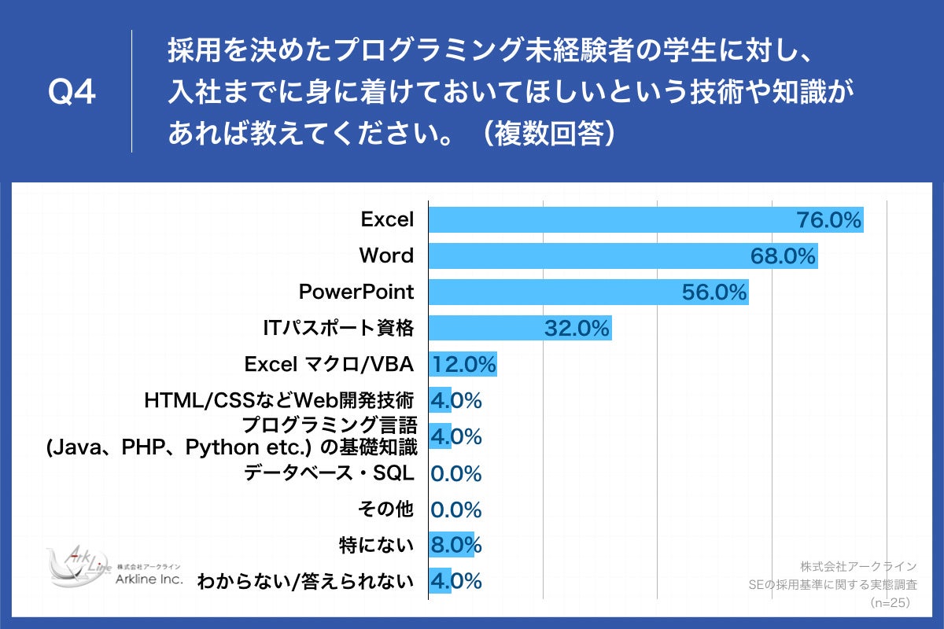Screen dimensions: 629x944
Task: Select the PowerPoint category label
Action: click(x=356, y=292)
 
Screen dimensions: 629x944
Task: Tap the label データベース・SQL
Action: click(x=329, y=473)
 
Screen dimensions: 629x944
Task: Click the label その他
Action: click(x=385, y=509)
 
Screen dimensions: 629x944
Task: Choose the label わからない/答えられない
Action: click(x=306, y=582)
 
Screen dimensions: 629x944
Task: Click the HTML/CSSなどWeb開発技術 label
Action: click(x=279, y=401)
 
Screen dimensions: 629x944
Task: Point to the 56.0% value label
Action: click(x=714, y=293)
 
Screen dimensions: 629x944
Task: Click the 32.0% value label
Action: click(x=577, y=329)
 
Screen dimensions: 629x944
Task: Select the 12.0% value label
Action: click(x=463, y=365)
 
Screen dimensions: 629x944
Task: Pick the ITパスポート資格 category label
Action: click(x=338, y=329)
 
